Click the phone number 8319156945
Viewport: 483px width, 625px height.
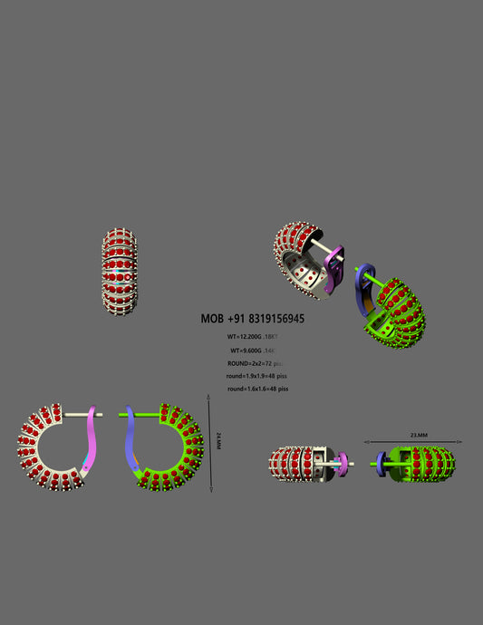pyautogui.click(x=268, y=319)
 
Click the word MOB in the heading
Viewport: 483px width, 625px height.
pyautogui.click(x=213, y=319)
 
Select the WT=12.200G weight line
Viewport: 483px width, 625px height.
pyautogui.click(x=253, y=336)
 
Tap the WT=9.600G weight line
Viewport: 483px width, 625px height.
pyautogui.click(x=254, y=350)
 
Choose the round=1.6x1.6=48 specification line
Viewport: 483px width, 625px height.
pyautogui.click(x=257, y=388)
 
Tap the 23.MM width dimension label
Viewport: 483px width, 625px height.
pyautogui.click(x=419, y=435)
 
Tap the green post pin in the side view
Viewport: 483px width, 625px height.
pyautogui.click(x=145, y=416)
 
